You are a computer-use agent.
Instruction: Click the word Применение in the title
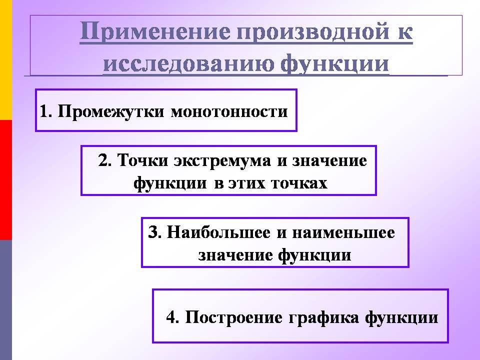[155, 32]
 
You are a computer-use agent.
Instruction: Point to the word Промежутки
[111, 111]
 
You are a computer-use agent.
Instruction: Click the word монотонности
[229, 111]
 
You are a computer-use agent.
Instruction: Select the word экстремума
[222, 161]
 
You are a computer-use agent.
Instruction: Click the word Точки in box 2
[142, 160]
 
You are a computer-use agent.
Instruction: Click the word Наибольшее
[218, 232]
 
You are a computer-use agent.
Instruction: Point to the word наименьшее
[343, 232]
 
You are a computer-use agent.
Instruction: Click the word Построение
[234, 317]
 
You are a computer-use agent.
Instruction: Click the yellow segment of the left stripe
[6, 59]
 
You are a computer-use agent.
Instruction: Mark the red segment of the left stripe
[6, 180]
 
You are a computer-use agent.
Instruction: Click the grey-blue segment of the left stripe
[6, 300]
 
